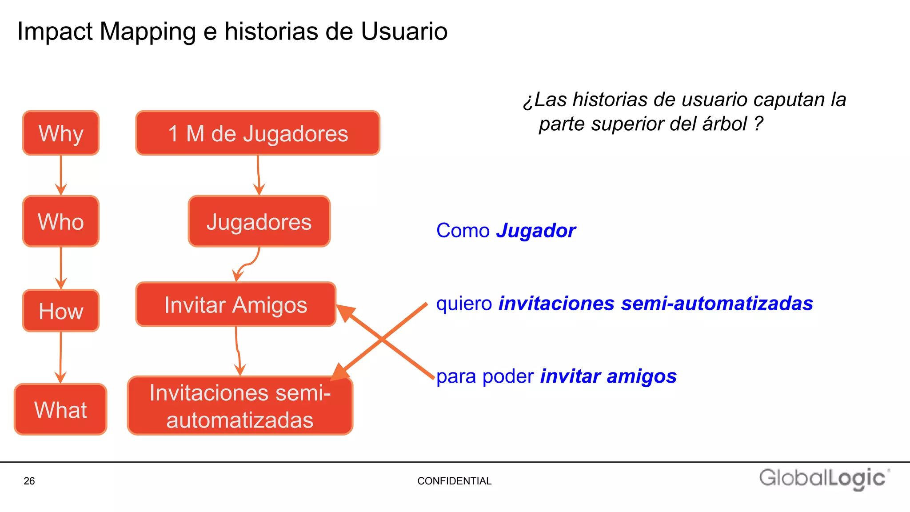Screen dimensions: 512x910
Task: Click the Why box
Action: (x=61, y=133)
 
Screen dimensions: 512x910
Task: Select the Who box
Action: (x=61, y=221)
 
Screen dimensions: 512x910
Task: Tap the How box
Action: (x=61, y=311)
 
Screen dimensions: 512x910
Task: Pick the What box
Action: (x=60, y=409)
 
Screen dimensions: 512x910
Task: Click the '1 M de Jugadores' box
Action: (x=258, y=133)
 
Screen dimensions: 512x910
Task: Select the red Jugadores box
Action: (x=259, y=221)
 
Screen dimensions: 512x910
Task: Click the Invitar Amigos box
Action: (x=235, y=304)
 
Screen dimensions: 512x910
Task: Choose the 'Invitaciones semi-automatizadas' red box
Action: (x=240, y=406)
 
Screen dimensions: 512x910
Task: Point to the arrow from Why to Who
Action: (x=61, y=175)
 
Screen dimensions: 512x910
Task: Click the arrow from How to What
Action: (x=61, y=357)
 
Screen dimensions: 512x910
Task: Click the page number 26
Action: (x=29, y=481)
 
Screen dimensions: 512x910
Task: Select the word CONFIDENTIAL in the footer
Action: (x=454, y=481)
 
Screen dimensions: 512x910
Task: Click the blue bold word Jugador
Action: (x=536, y=231)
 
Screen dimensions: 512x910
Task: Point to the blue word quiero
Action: (x=464, y=304)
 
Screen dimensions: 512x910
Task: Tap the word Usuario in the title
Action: (x=404, y=32)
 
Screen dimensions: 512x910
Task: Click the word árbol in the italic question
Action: (x=725, y=124)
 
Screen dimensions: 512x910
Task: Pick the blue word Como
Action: (x=463, y=231)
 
